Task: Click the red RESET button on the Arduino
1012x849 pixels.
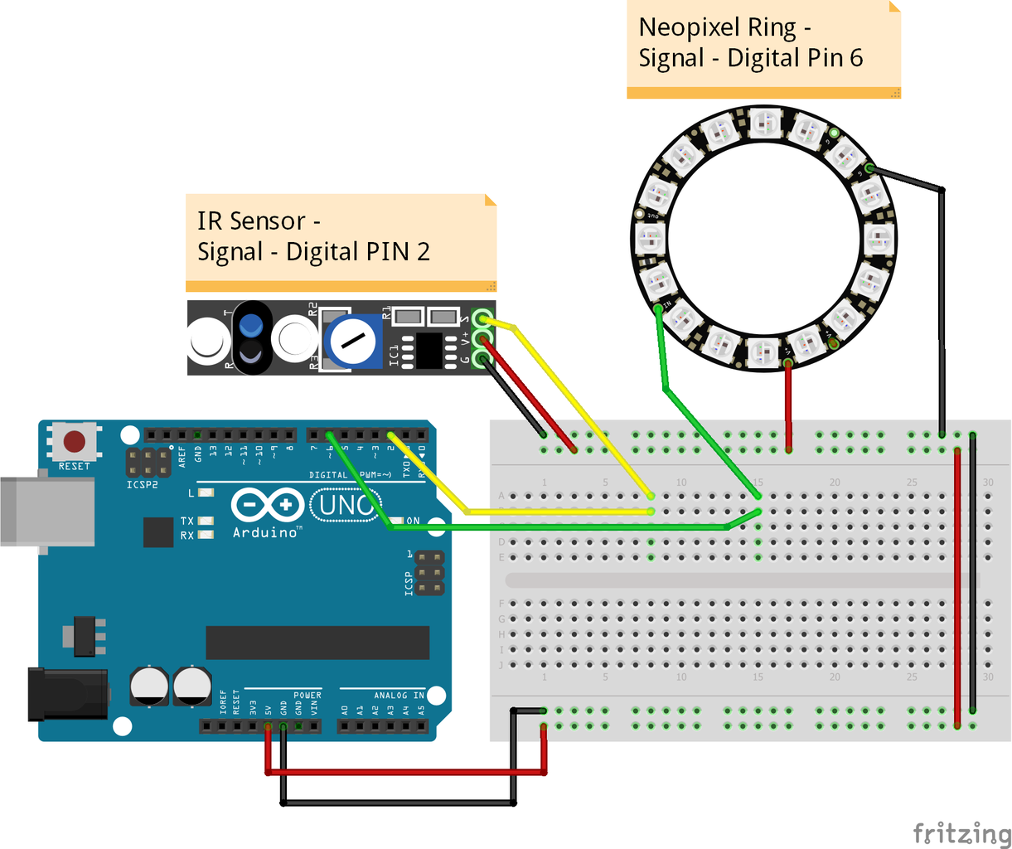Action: pos(75,441)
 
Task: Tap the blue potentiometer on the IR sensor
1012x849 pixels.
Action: pos(352,341)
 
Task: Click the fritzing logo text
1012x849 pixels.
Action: pos(961,832)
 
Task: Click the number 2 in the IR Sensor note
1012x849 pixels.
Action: pos(424,252)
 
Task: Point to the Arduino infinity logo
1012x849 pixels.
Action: pos(268,504)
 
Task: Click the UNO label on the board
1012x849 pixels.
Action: pos(346,504)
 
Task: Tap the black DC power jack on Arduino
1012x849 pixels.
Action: pos(66,693)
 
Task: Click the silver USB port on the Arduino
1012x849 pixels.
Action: pos(46,511)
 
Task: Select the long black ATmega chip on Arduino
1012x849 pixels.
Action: pos(317,643)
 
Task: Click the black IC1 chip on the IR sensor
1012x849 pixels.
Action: pos(429,350)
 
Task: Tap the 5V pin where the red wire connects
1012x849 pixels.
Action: pos(268,727)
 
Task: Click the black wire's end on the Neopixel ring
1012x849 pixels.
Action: pos(869,169)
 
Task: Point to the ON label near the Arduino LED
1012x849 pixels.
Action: pos(413,521)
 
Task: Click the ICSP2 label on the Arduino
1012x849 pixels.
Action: pos(142,484)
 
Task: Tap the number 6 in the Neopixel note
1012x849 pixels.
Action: pos(855,58)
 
